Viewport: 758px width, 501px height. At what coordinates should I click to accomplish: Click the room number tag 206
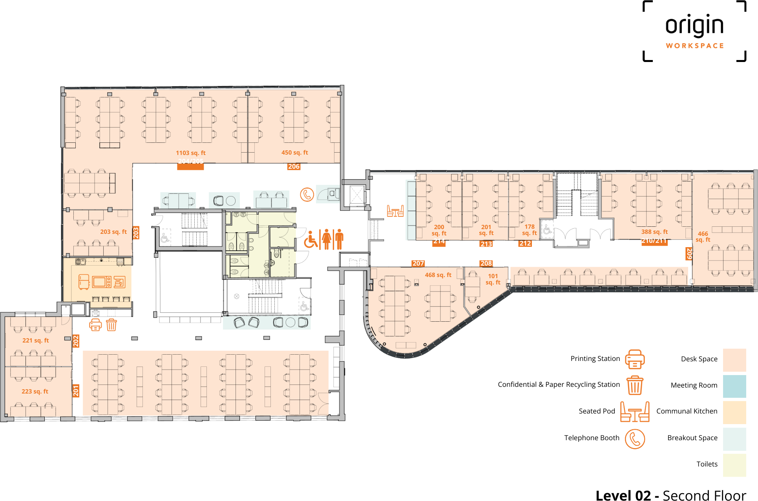[x=294, y=166]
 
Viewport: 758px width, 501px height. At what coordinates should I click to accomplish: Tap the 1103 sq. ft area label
[x=190, y=153]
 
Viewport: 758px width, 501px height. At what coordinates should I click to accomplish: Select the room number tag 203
[x=136, y=233]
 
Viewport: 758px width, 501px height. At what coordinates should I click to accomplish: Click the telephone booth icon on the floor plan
[x=307, y=194]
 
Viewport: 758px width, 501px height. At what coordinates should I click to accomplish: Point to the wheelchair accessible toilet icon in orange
[x=311, y=240]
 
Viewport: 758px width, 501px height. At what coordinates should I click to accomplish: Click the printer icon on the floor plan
[x=95, y=325]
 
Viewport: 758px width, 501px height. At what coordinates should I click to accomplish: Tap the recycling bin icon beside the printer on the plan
[x=111, y=325]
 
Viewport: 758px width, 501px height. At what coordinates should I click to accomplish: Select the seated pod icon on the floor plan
[x=395, y=211]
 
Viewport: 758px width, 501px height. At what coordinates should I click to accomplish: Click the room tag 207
[x=418, y=263]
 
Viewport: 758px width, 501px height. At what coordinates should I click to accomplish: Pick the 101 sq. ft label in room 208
[x=493, y=279]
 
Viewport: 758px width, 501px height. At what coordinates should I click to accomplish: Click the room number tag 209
[x=689, y=253]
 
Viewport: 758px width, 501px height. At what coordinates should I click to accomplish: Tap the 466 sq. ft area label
[x=703, y=237]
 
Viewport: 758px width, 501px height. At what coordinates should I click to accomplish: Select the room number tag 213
[x=486, y=244]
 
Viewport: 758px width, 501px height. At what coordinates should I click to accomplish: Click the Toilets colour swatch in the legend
[x=734, y=465]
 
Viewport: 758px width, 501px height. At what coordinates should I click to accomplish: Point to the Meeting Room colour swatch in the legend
[x=734, y=386]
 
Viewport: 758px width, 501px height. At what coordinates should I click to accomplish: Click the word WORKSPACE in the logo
[x=694, y=46]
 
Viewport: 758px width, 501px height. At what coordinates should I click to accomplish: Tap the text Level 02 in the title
[x=623, y=495]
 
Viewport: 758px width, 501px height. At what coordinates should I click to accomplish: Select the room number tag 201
[x=76, y=390]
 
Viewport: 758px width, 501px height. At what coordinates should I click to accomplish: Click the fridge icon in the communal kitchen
[x=84, y=282]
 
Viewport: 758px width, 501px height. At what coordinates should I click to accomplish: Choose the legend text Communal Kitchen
[x=687, y=411]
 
